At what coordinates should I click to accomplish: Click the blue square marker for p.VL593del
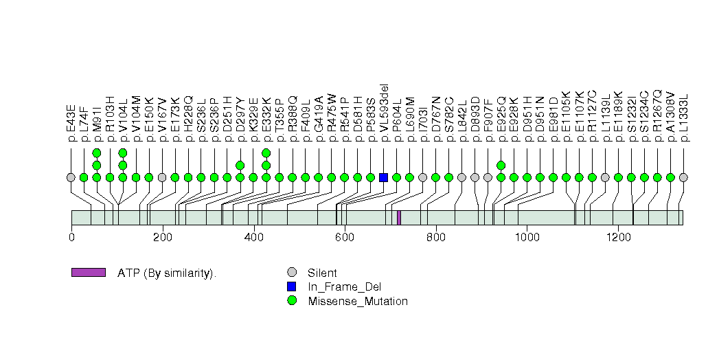coord(383,177)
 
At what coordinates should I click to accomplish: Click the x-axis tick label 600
coord(345,237)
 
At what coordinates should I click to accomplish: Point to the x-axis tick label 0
coord(71,237)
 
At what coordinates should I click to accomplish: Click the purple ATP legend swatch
coord(88,273)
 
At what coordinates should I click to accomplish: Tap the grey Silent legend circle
coord(292,273)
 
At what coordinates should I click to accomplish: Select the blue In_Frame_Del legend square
coord(292,286)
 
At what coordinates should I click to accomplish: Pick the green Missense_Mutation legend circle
coord(292,301)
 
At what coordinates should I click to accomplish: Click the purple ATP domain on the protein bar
coord(399,217)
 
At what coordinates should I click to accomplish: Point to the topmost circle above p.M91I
coord(97,153)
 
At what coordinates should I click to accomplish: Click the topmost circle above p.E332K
coord(266,153)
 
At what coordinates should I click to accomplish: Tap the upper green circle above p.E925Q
coord(501,165)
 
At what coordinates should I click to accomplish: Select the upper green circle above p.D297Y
coord(240,165)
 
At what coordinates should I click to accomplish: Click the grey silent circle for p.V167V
coord(162,177)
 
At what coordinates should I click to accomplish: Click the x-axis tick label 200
coord(163,237)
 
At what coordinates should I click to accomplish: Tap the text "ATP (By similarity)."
coord(167,273)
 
